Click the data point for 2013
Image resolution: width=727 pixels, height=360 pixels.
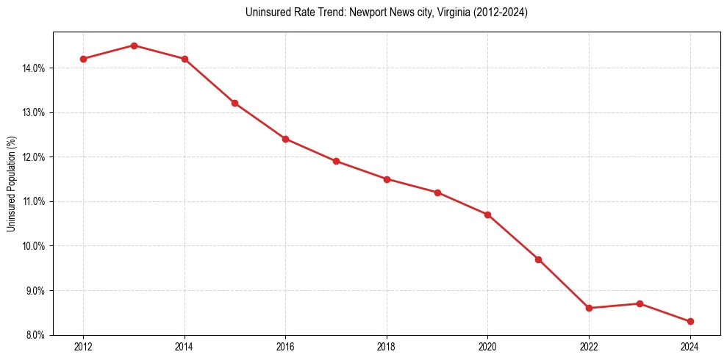(x=134, y=46)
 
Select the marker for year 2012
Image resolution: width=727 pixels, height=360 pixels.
(x=83, y=59)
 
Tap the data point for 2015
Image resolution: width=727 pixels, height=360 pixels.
(x=234, y=103)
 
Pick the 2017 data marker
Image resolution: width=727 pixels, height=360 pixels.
(x=336, y=161)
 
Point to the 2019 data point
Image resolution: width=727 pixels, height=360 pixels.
(x=437, y=192)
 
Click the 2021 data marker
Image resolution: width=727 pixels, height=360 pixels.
(x=538, y=259)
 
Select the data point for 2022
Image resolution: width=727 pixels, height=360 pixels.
(x=589, y=308)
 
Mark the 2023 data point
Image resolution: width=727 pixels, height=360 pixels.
(x=640, y=303)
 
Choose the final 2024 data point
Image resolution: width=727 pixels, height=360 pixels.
(x=690, y=321)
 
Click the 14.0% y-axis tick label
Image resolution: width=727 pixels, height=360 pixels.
(x=35, y=68)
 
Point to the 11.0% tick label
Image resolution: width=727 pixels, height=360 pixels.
(x=35, y=201)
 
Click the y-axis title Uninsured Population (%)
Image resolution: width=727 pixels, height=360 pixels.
(x=11, y=184)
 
